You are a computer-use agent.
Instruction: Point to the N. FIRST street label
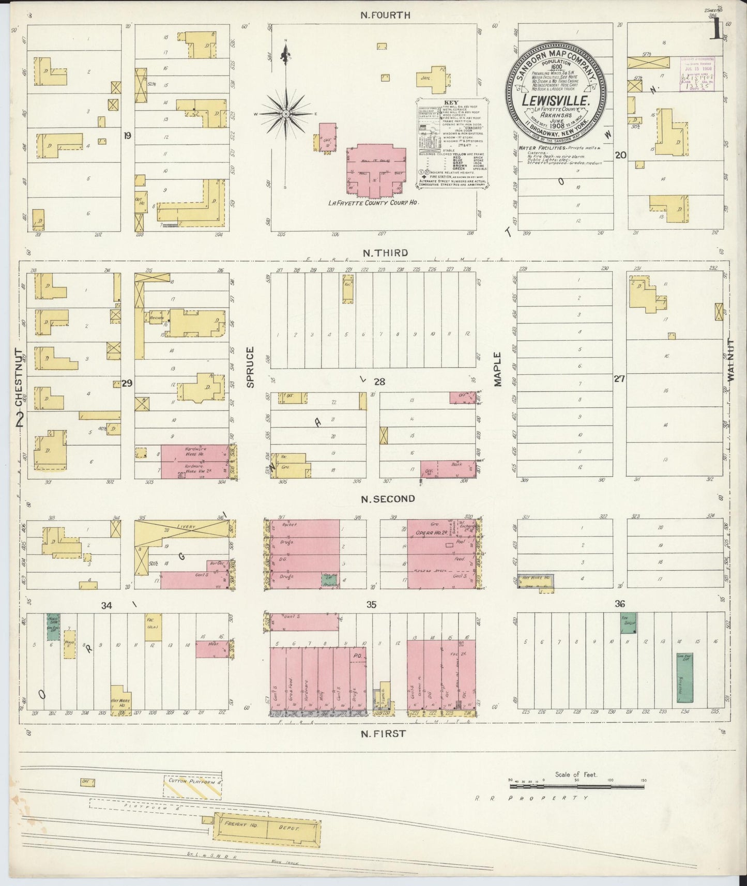click(383, 733)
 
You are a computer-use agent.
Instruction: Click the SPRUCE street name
click(250, 368)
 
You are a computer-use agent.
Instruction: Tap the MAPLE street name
click(497, 369)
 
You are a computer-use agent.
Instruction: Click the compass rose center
click(285, 113)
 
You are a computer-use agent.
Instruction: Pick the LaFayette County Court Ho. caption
click(373, 203)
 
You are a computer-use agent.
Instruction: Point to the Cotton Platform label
click(194, 783)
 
